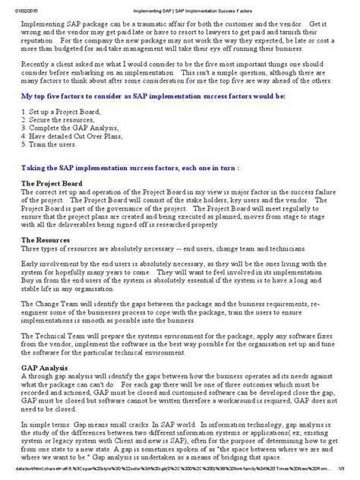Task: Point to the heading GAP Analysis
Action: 44,366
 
